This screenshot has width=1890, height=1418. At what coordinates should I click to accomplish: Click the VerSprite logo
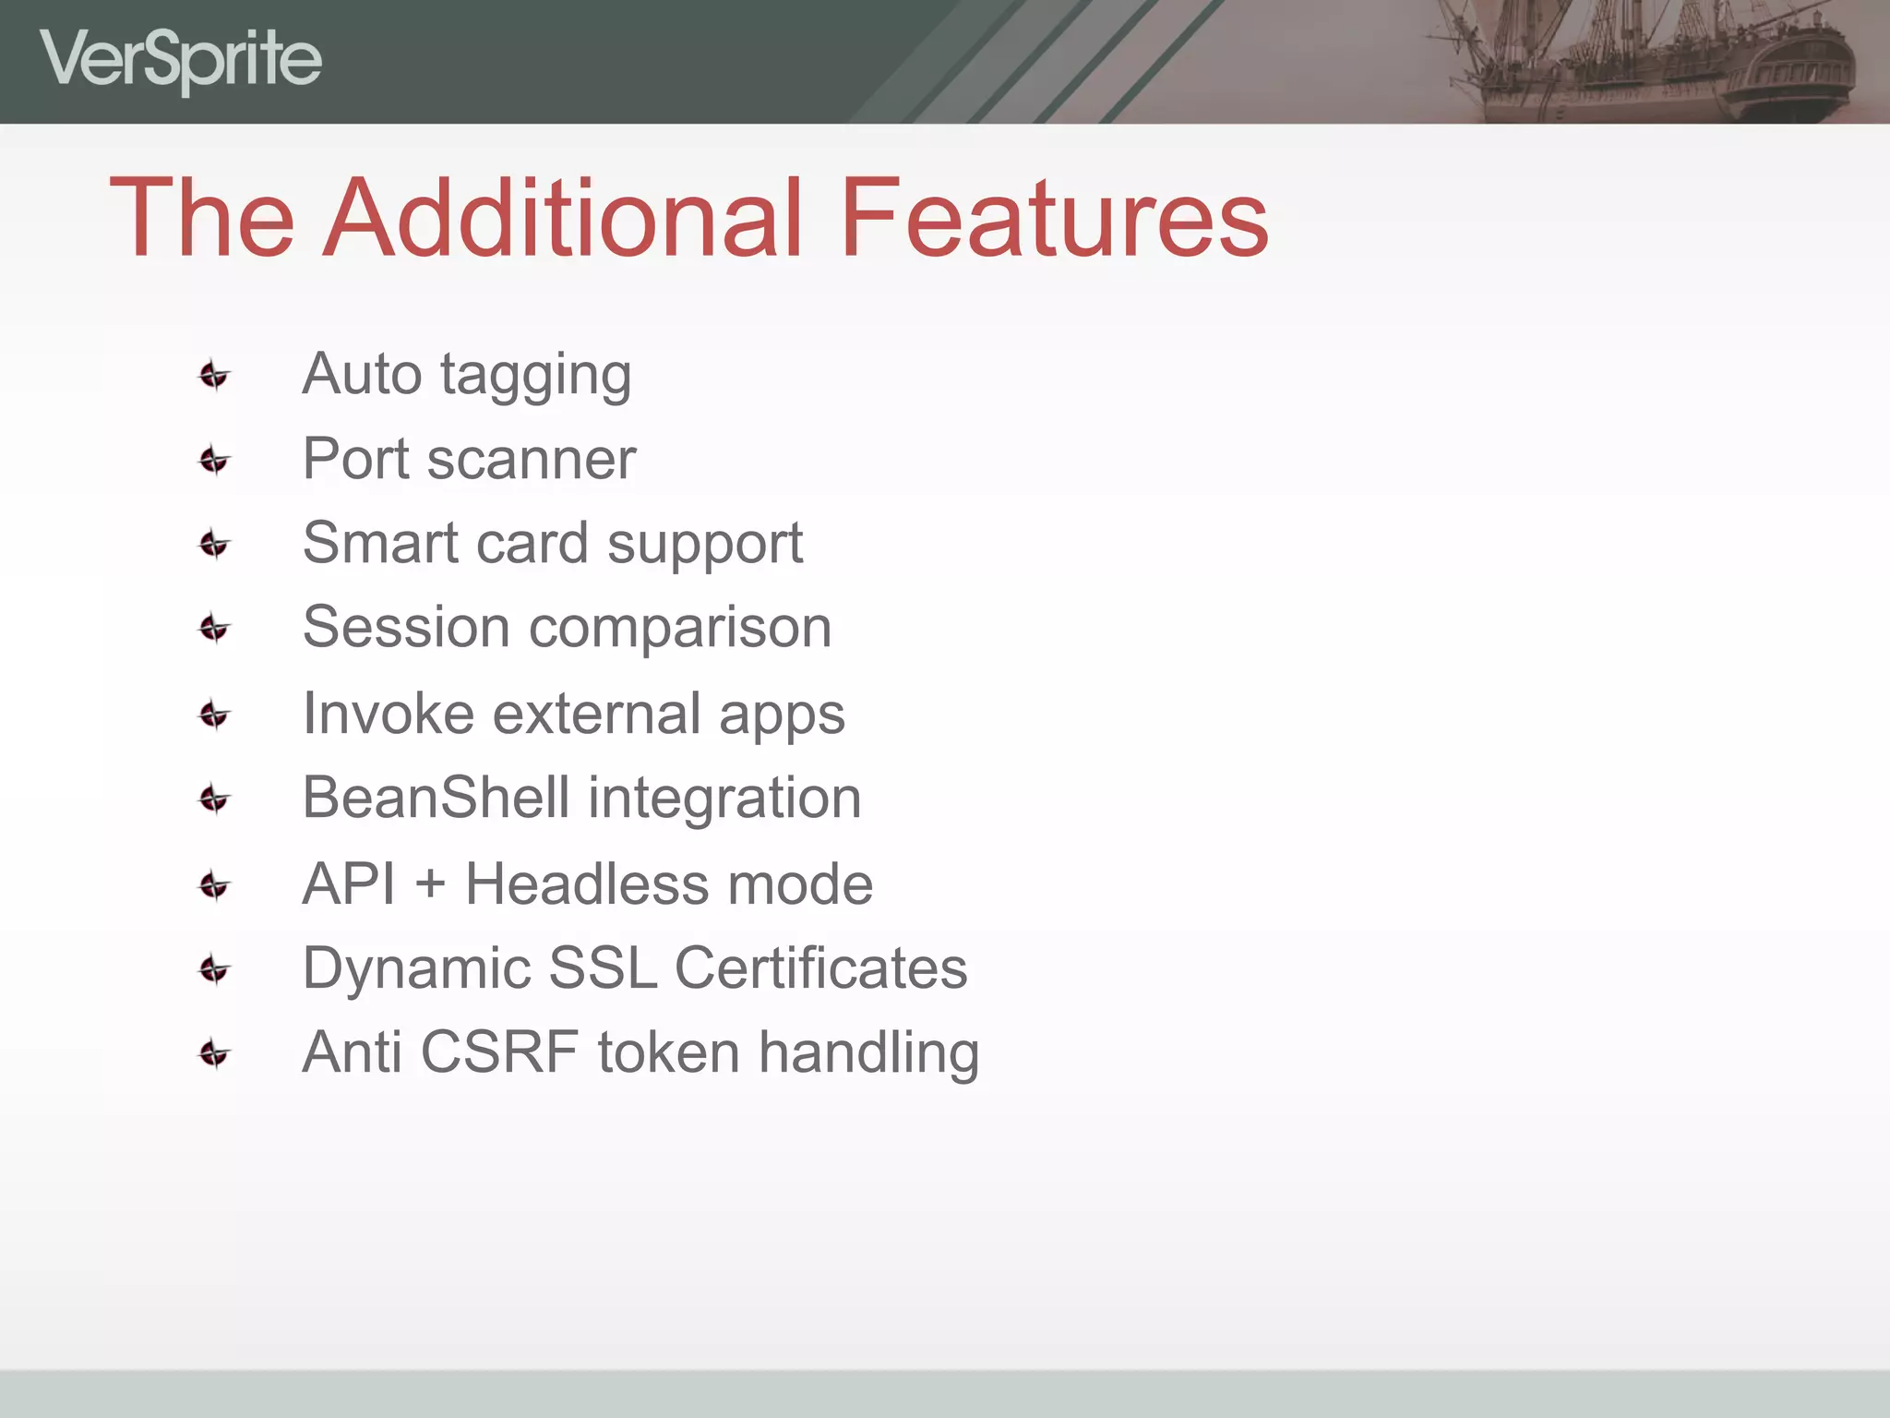point(180,60)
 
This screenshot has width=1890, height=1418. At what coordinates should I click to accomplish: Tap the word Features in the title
point(1054,218)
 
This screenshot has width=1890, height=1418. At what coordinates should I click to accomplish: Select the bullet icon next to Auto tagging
point(214,375)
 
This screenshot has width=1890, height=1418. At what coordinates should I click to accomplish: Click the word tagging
point(535,377)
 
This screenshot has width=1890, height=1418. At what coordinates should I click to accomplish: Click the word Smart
point(380,543)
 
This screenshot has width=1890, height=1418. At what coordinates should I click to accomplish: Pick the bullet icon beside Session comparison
point(214,629)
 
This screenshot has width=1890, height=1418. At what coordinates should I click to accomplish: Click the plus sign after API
point(430,884)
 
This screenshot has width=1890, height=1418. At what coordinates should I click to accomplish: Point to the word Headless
point(586,883)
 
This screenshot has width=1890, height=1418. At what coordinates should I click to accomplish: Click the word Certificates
point(820,968)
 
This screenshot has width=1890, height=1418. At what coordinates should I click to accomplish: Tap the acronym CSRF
point(499,1052)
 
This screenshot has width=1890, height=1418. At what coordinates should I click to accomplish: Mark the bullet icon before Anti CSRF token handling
point(214,1053)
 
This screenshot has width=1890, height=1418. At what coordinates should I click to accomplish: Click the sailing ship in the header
point(1643,60)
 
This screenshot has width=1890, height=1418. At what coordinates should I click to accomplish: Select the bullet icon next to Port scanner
point(214,460)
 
